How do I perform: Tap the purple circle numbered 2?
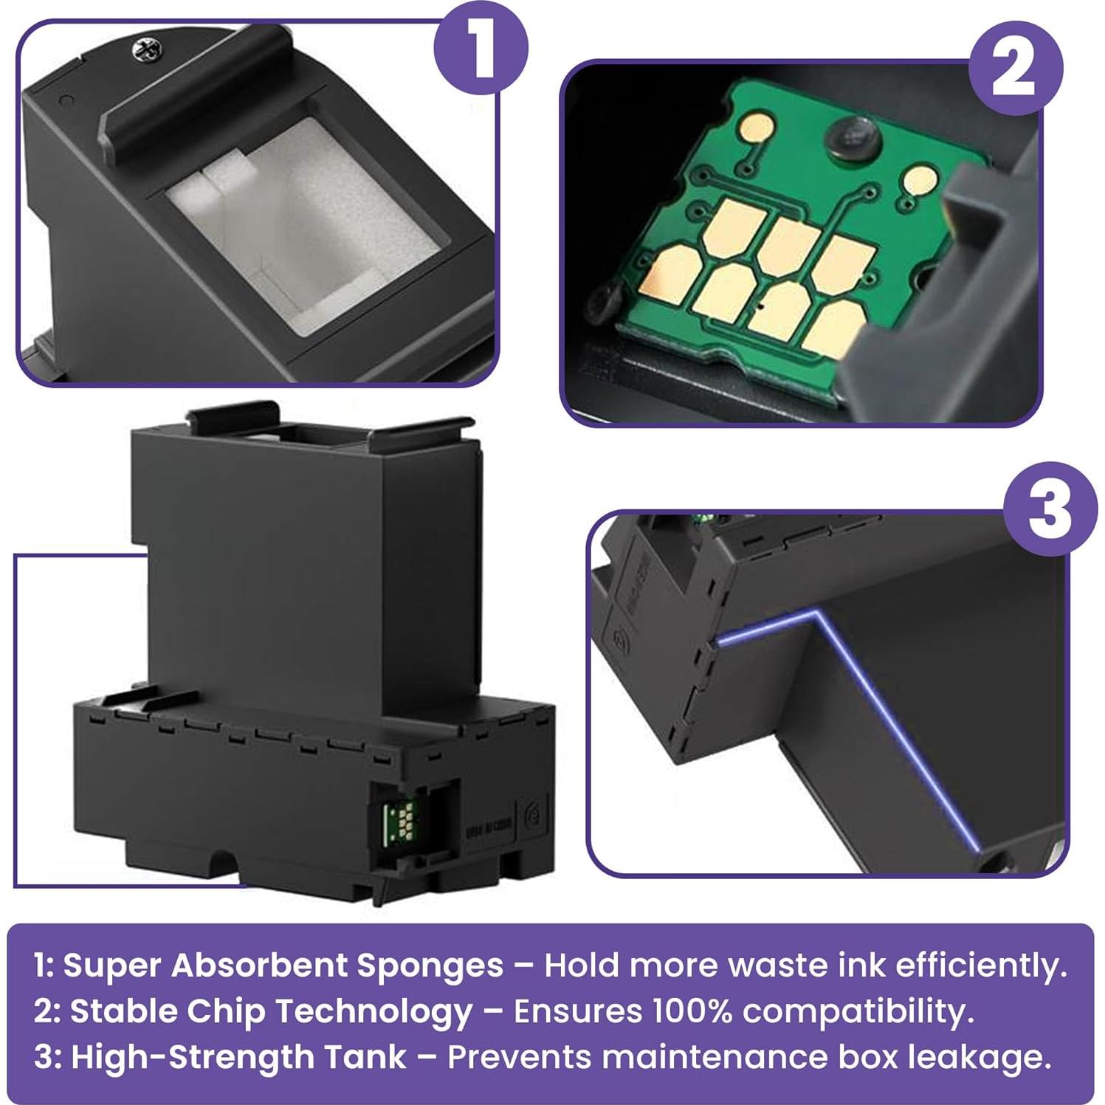1015,68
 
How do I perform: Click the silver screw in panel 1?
142,49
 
